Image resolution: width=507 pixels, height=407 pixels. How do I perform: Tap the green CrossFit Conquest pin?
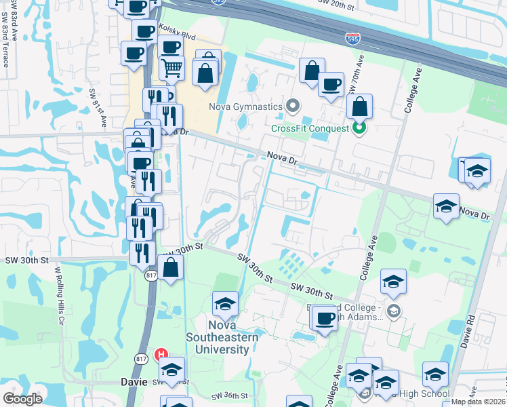click(x=360, y=127)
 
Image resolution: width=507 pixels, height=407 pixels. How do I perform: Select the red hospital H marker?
click(x=161, y=354)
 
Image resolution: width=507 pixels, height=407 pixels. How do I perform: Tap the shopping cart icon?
click(x=172, y=67)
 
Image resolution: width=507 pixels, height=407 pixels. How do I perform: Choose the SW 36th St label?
click(x=230, y=395)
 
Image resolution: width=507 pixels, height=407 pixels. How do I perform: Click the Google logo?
click(x=22, y=399)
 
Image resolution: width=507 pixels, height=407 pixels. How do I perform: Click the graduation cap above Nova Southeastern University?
click(x=225, y=305)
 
